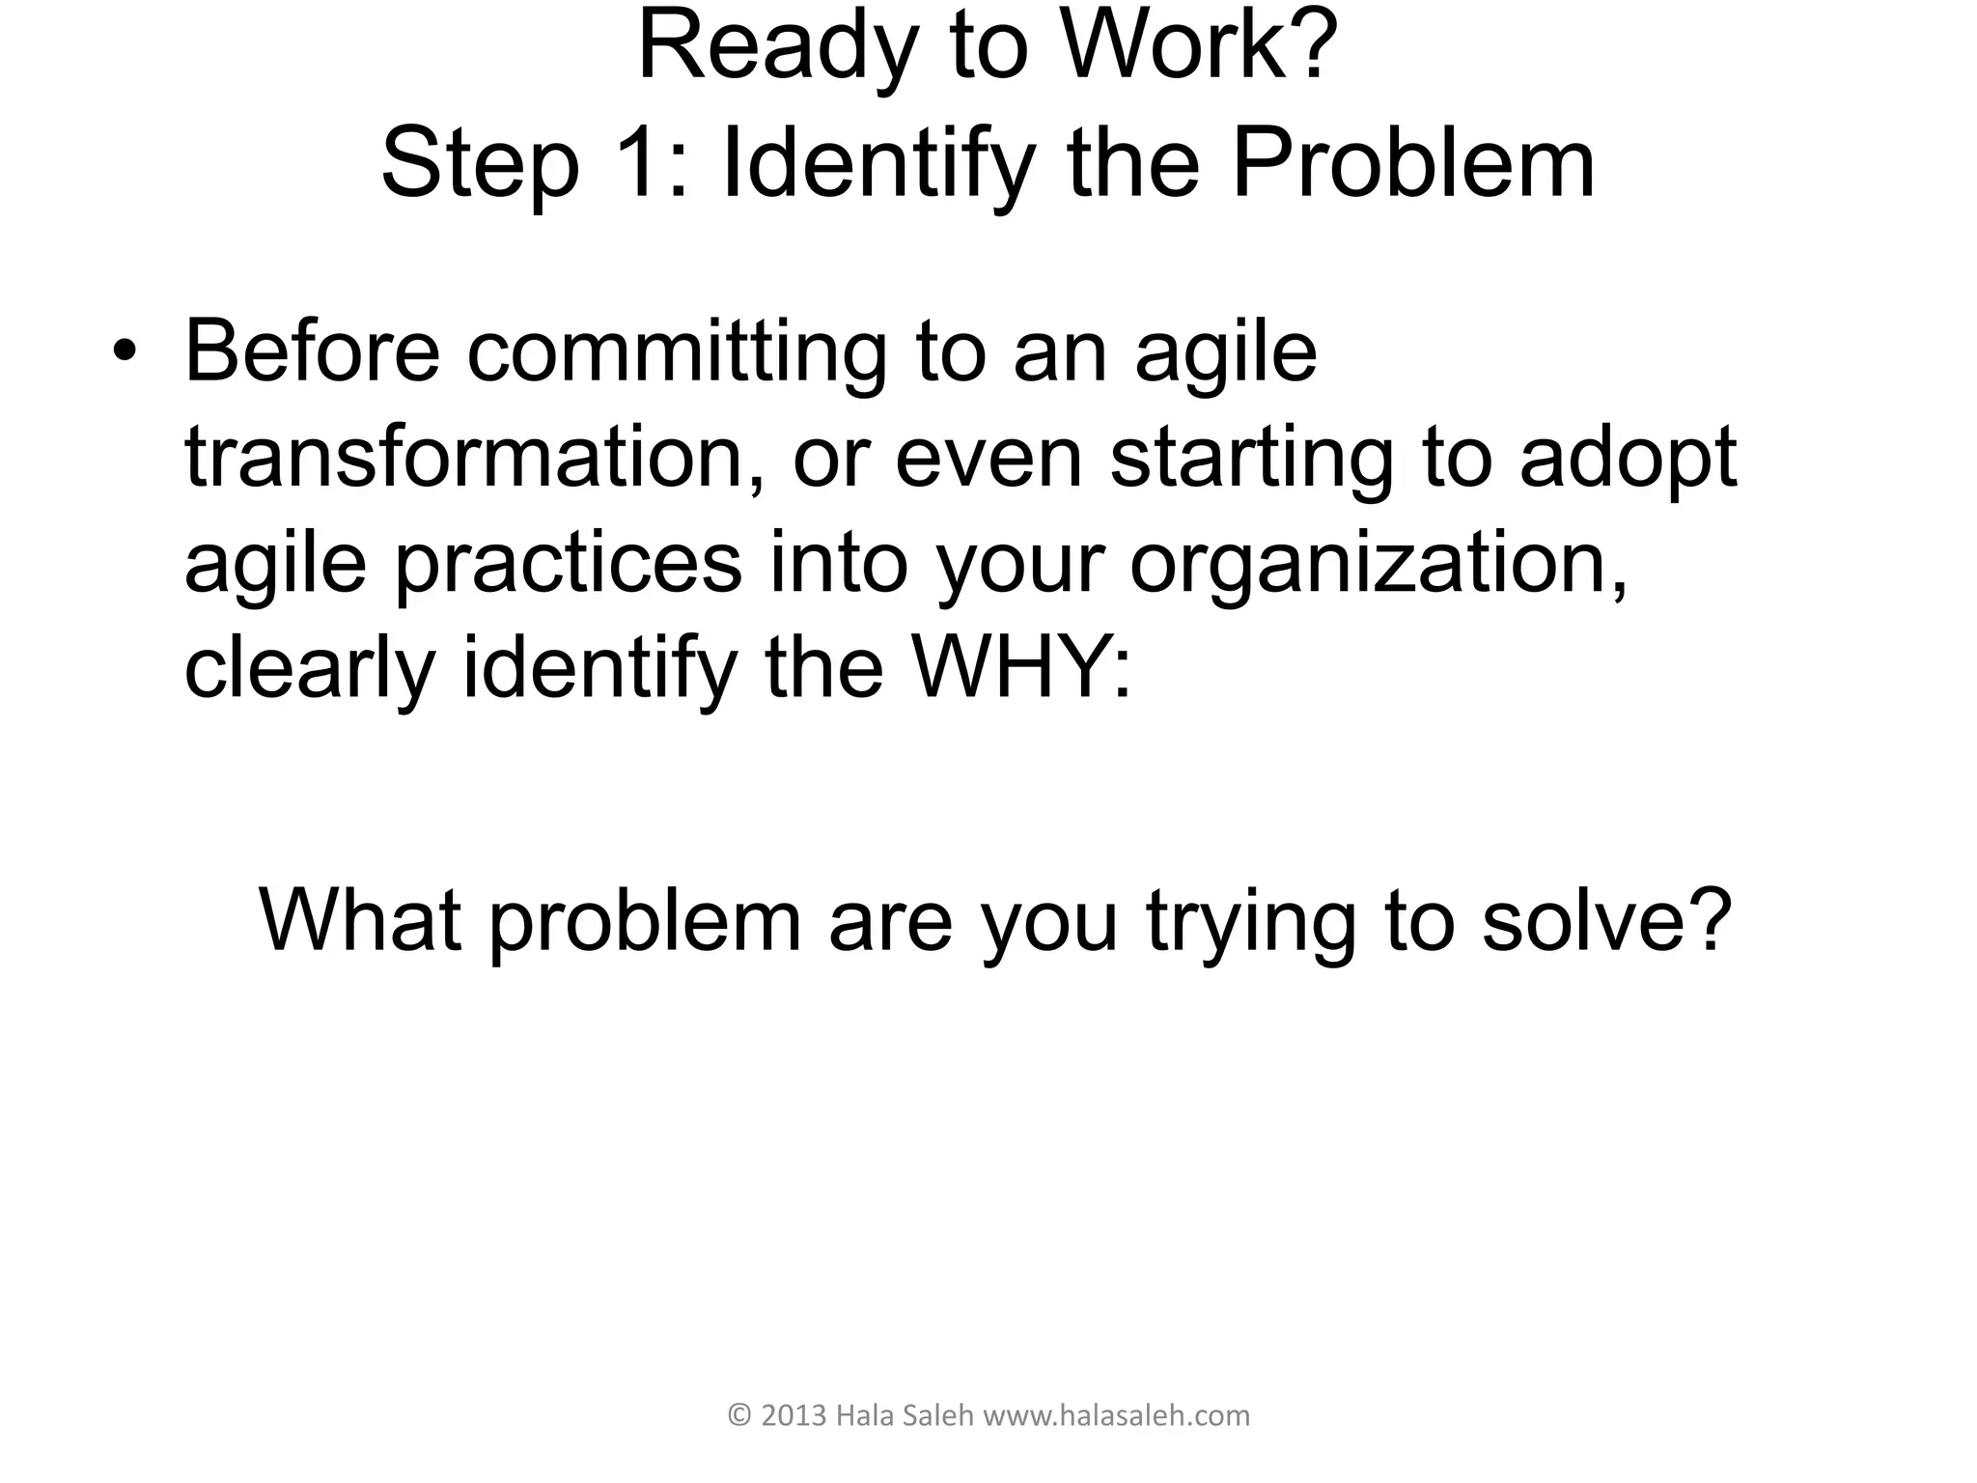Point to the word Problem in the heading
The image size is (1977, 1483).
pyautogui.click(x=1413, y=164)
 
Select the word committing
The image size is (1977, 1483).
pyautogui.click(x=677, y=353)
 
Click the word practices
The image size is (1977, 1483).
pyautogui.click(x=570, y=564)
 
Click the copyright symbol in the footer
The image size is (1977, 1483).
pyautogui.click(x=739, y=1416)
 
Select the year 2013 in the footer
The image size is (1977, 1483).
pyautogui.click(x=794, y=1416)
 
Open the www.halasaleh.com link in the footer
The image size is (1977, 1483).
pyautogui.click(x=1116, y=1416)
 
